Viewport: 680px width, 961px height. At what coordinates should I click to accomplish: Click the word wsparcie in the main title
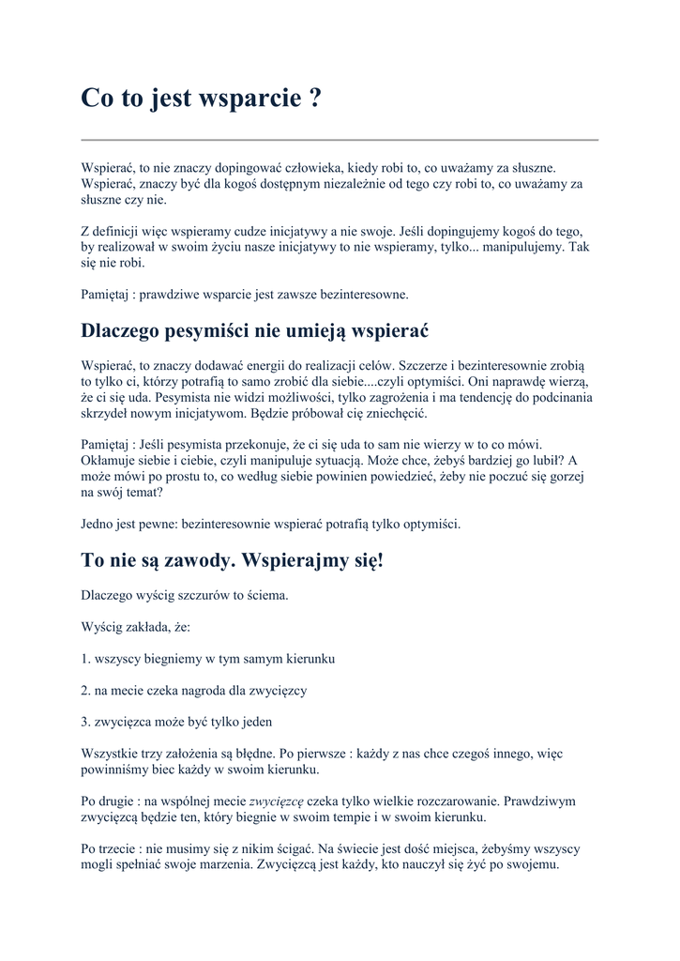coord(248,99)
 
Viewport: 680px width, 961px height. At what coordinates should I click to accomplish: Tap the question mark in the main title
coord(314,99)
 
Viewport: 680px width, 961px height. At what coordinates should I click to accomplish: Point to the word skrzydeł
coord(105,414)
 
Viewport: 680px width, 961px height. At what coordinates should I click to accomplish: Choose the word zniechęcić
coord(393,414)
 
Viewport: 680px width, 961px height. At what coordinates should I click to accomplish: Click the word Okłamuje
coord(110,459)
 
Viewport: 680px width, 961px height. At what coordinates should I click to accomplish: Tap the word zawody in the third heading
coord(193,560)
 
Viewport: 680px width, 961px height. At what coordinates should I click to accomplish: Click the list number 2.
coord(85,690)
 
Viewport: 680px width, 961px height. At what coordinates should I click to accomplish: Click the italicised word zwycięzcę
coord(276,801)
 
